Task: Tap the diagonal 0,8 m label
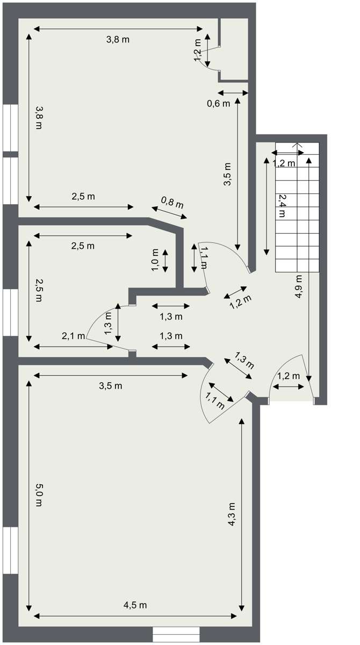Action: (172, 203)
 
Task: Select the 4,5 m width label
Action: (135, 605)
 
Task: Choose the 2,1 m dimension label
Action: (74, 336)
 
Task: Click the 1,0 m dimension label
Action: (155, 260)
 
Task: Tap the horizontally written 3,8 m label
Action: (118, 39)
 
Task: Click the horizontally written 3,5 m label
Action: (111, 386)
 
